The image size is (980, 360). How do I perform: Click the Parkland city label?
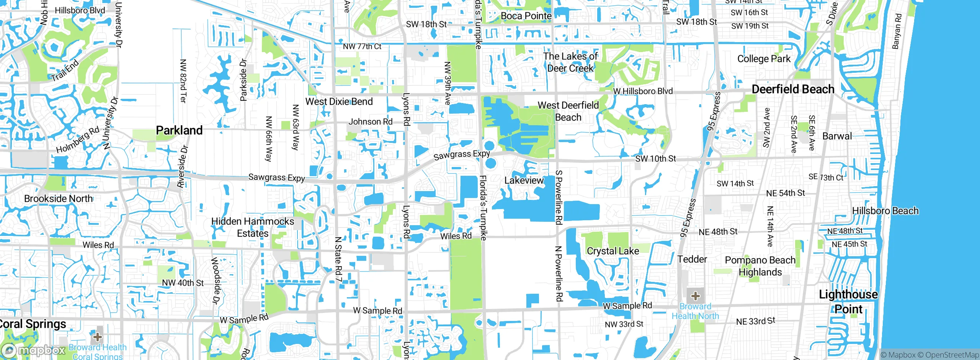pyautogui.click(x=179, y=131)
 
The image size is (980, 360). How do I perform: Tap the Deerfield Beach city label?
pyautogui.click(x=793, y=89)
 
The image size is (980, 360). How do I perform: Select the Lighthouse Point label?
pyautogui.click(x=848, y=302)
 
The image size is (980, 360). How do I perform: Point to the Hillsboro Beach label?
pyautogui.click(x=885, y=211)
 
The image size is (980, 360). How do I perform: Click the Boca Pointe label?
pyautogui.click(x=526, y=16)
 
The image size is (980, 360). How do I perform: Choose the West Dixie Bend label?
pyautogui.click(x=339, y=102)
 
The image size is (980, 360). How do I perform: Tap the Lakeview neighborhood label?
pyautogui.click(x=524, y=180)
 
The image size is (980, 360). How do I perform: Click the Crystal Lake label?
pyautogui.click(x=613, y=251)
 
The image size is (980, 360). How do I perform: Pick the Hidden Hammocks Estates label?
pyautogui.click(x=253, y=227)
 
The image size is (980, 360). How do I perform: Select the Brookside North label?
pyautogui.click(x=58, y=199)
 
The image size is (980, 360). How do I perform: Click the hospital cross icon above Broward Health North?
pyautogui.click(x=696, y=296)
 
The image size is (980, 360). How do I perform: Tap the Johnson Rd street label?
pyautogui.click(x=370, y=122)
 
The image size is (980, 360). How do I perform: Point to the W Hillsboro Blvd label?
pyautogui.click(x=643, y=91)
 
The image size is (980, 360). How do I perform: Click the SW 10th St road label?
pyautogui.click(x=655, y=159)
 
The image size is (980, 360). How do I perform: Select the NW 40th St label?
pyautogui.click(x=183, y=283)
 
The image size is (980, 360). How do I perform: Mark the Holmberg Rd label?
pyautogui.click(x=78, y=140)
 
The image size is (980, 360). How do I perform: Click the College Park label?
pyautogui.click(x=764, y=59)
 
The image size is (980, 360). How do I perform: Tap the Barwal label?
pyautogui.click(x=837, y=136)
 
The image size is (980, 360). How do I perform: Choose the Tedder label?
pyautogui.click(x=692, y=260)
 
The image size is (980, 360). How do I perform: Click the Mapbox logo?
pyautogui.click(x=34, y=350)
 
